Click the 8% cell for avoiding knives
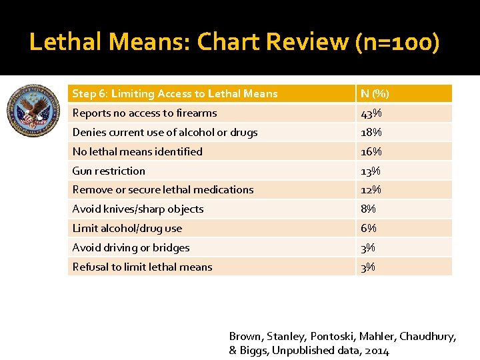tap(368, 209)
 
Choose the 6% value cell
tap(368, 229)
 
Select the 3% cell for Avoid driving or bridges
tap(368, 248)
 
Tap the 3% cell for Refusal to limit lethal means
tap(368, 267)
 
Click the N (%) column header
tap(375, 94)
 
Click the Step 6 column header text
tap(175, 94)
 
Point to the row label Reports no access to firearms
tap(145, 113)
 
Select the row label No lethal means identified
tap(137, 152)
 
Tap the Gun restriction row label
tap(109, 171)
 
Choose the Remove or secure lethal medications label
tap(163, 190)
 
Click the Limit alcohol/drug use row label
tap(127, 229)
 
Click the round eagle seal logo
tap(33, 111)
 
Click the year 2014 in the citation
tap(377, 351)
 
